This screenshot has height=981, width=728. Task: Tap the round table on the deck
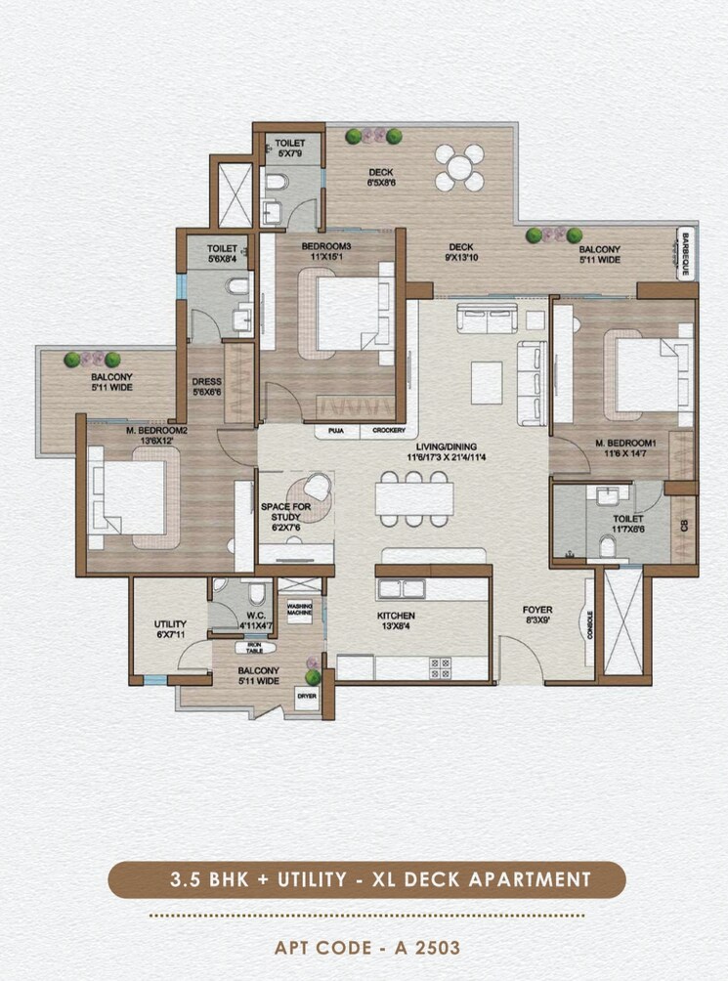pyautogui.click(x=458, y=168)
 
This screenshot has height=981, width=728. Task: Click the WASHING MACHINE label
pyautogui.click(x=299, y=608)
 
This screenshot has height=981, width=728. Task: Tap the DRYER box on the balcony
pyautogui.click(x=305, y=695)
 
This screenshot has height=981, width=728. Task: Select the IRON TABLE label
pyautogui.click(x=253, y=648)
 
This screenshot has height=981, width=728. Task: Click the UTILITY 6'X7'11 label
pyautogui.click(x=170, y=628)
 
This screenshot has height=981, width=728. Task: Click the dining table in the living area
pyautogui.click(x=414, y=499)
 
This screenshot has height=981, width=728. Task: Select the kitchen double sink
pyautogui.click(x=402, y=588)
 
